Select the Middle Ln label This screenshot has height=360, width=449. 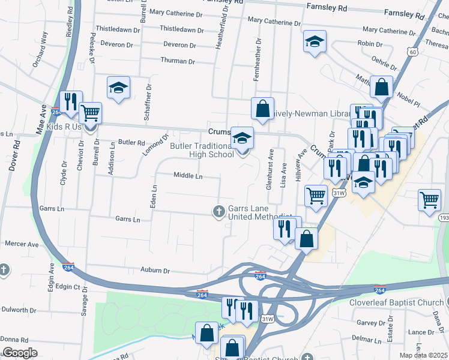coord(188,176)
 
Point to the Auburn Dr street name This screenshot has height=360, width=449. coord(155,271)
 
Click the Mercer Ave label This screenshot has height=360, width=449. coord(22,244)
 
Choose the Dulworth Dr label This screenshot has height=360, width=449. coord(19,310)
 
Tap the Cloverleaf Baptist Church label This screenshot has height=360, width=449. coord(396,302)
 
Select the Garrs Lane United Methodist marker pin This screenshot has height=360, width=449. coord(218,211)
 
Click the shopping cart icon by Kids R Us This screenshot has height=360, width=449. coord(90,112)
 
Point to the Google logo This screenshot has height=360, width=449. coord(19,353)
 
